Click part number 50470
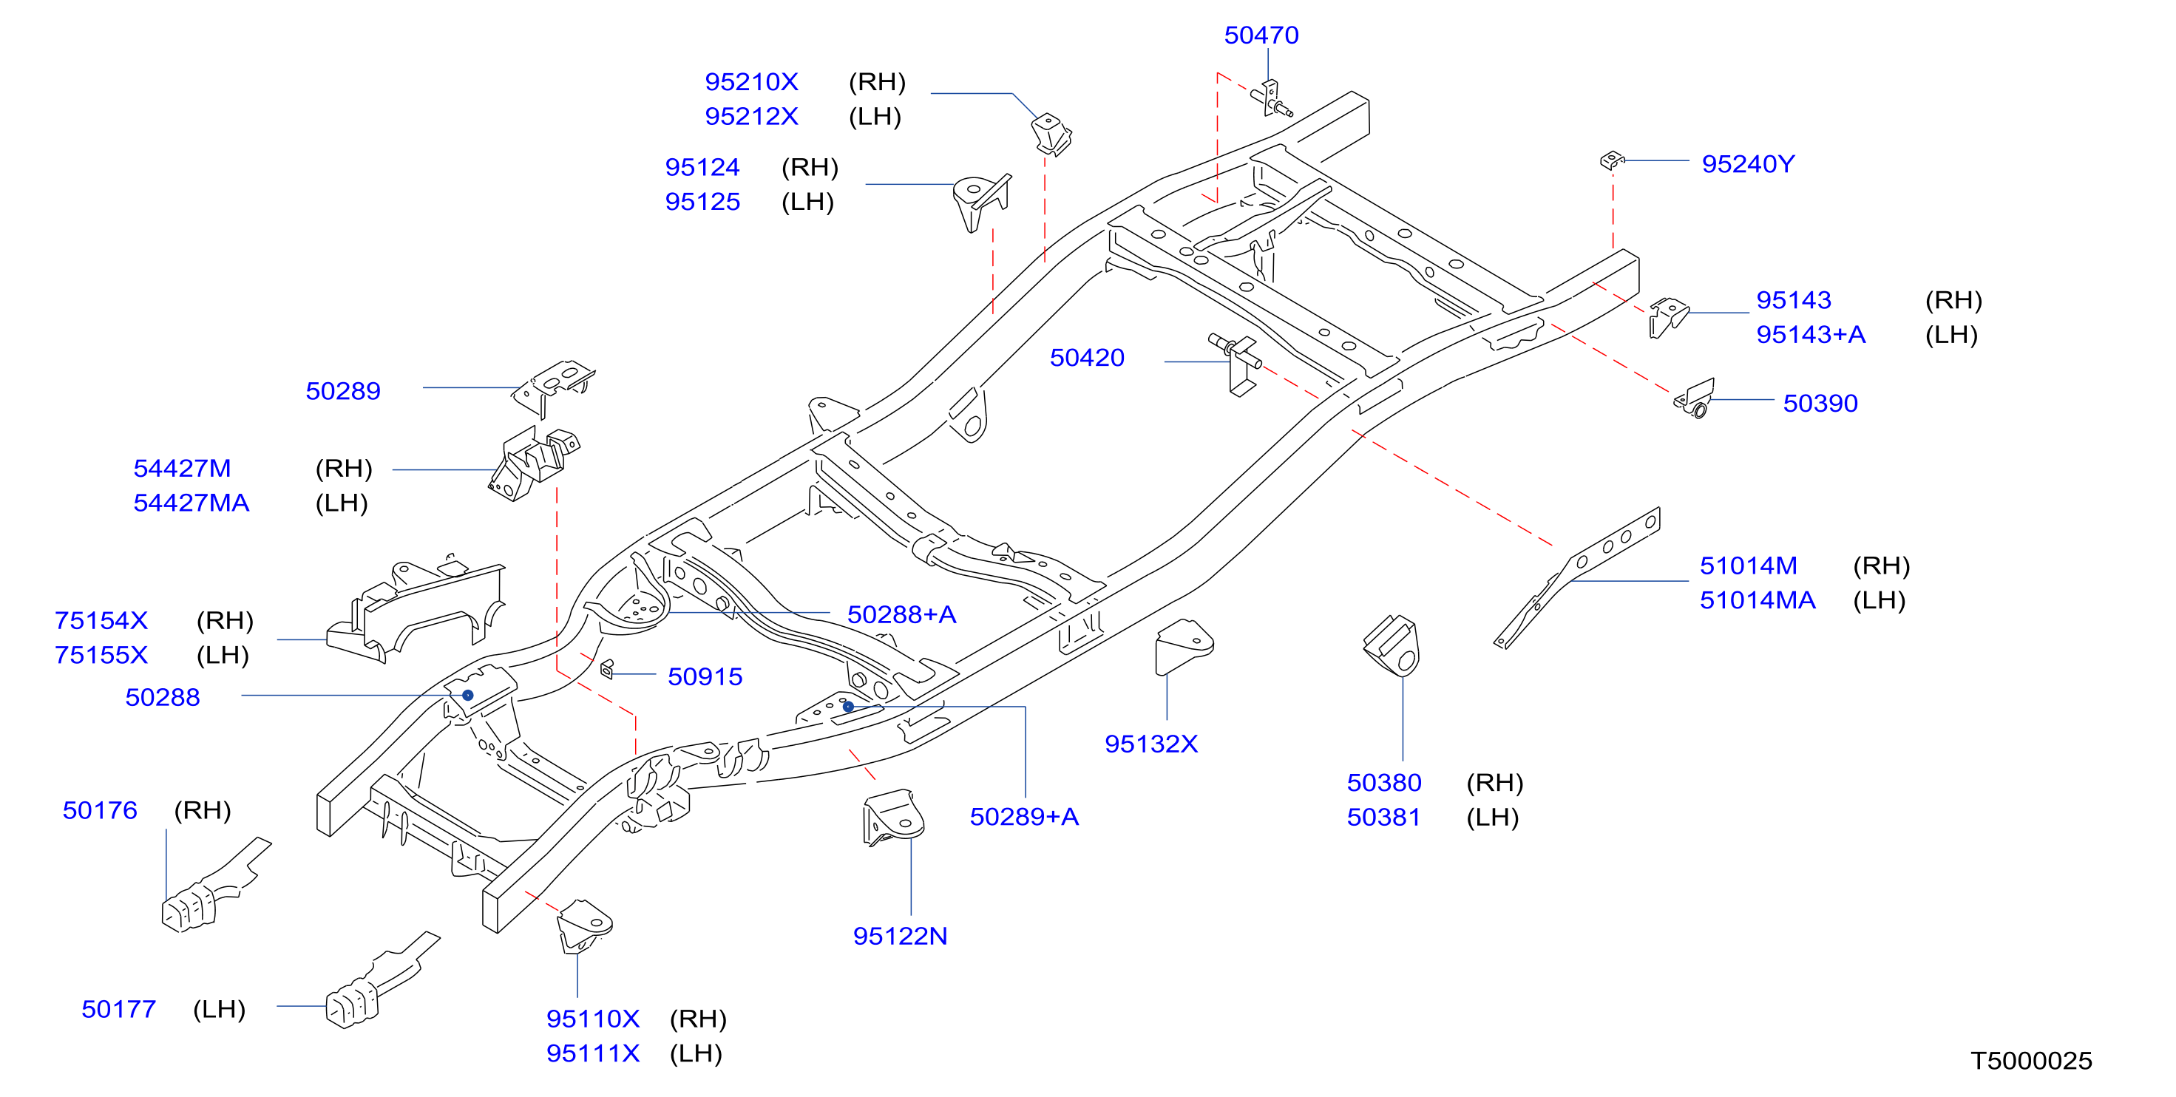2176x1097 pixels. [1261, 35]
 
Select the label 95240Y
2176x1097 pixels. [1748, 164]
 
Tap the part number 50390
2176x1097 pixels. [1820, 403]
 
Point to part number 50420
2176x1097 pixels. [1086, 357]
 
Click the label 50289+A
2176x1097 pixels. [1024, 817]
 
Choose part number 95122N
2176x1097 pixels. [900, 936]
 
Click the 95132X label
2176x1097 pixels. [1150, 743]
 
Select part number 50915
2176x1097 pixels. [705, 676]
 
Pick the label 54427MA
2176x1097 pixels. [191, 503]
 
